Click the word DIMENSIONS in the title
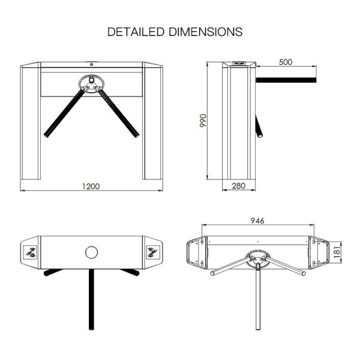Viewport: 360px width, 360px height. point(206,32)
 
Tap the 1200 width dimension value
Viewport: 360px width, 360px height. point(91,187)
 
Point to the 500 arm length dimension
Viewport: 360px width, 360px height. point(286,62)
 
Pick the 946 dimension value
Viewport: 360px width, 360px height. point(257,221)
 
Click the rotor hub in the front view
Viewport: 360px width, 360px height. point(91,83)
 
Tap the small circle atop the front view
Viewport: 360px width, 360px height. point(91,64)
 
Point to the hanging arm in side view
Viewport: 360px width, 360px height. point(259,127)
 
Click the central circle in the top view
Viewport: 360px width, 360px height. point(91,252)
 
